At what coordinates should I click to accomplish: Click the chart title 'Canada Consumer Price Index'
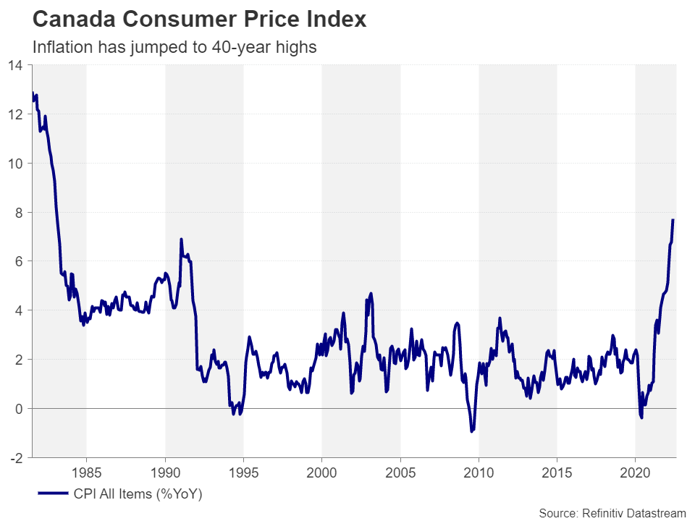200,20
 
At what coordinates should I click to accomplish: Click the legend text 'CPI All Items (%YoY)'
138,495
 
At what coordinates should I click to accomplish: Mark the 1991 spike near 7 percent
181,239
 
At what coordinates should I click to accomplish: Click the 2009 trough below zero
472,431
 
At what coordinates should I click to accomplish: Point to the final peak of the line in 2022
673,220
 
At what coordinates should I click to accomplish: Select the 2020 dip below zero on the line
641,418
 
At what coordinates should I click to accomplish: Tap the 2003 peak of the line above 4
371,294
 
